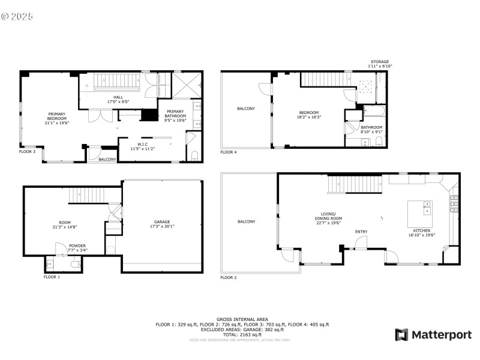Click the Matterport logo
tap(433, 335)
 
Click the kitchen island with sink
tap(421, 208)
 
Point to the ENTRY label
tap(361, 232)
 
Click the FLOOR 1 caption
tap(52, 277)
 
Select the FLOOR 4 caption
tap(228, 152)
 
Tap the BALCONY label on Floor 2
tap(246, 221)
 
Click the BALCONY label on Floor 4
tap(246, 109)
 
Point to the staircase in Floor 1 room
tap(84, 195)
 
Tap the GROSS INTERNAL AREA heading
tap(242, 319)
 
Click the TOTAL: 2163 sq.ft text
tap(242, 334)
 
